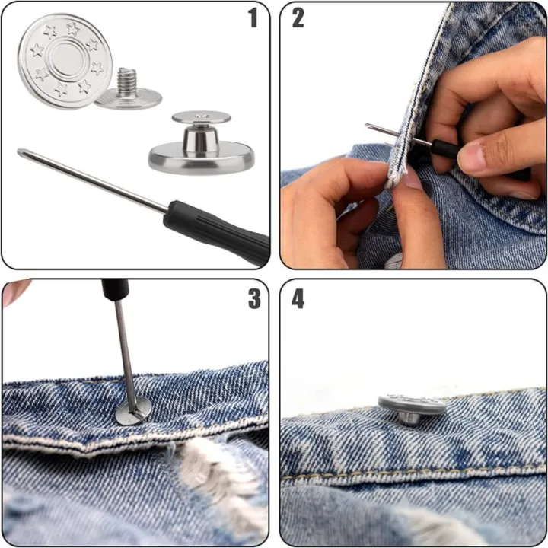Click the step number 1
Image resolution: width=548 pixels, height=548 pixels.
(253, 18)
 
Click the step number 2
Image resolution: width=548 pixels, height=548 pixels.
(298, 18)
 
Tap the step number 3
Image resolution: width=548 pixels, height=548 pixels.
(253, 298)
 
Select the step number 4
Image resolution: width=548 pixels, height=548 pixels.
(298, 298)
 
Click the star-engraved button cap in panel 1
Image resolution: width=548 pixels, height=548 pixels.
(65, 61)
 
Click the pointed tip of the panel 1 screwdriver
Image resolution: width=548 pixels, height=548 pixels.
(21, 152)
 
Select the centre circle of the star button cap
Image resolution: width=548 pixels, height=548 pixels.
(67, 58)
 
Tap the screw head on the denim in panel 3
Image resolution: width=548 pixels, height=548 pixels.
(132, 412)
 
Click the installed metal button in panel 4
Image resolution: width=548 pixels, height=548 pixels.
(412, 408)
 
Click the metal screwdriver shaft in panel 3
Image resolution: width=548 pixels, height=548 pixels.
(124, 350)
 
